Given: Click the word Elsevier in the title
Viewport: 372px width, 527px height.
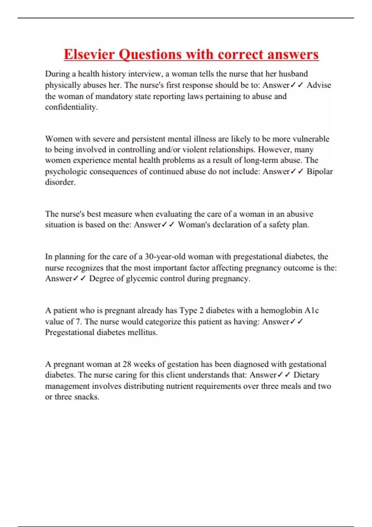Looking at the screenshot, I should [x=89, y=54].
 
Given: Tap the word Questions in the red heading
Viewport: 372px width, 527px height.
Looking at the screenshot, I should [x=150, y=54].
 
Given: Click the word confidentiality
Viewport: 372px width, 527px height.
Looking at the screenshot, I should [x=71, y=107].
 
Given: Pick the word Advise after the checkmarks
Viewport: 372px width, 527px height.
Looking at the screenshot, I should [x=319, y=85].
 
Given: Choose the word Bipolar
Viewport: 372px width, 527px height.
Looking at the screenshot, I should [x=320, y=171].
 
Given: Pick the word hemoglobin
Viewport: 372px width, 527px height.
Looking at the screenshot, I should [x=281, y=310].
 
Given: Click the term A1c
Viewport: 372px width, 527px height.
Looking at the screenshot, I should [x=312, y=310].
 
